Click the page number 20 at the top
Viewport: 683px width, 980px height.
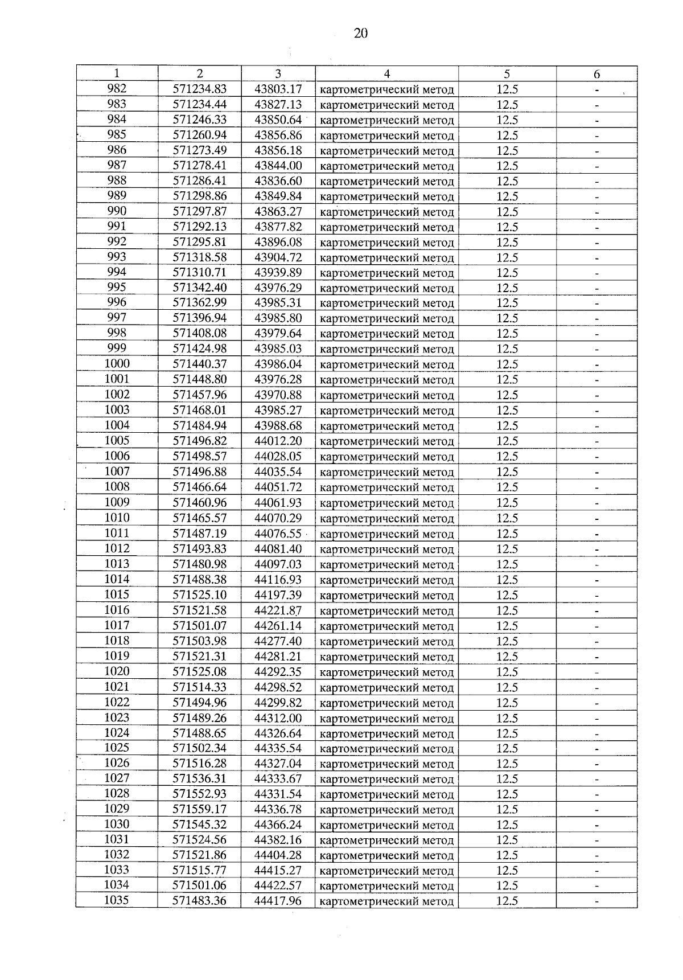[361, 34]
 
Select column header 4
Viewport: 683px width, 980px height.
[386, 74]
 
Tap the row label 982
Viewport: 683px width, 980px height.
[117, 89]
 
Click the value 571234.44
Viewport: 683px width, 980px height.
[200, 105]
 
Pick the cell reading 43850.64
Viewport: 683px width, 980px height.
[278, 120]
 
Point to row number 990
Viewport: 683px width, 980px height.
[117, 211]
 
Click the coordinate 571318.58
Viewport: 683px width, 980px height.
[200, 257]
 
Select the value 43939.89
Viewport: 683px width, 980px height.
[278, 273]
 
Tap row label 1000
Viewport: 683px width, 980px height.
[117, 364]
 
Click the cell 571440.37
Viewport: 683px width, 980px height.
[200, 364]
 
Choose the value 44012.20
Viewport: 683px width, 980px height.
[278, 441]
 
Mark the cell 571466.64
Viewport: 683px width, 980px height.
[200, 487]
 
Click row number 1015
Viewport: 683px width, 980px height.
[117, 594]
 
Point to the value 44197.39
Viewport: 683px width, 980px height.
[278, 595]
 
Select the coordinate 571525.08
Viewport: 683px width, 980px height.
[200, 672]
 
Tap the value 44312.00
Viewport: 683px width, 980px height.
[278, 718]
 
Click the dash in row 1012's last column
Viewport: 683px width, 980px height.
[596, 550]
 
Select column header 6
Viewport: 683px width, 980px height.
[596, 74]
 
